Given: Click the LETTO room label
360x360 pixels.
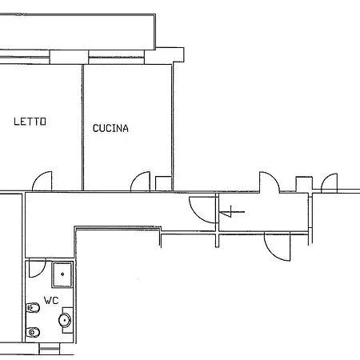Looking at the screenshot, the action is click(x=30, y=122).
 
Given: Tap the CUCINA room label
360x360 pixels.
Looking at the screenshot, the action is click(x=110, y=128).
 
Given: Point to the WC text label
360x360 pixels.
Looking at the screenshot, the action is click(x=51, y=301).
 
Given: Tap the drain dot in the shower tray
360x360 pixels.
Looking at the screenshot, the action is click(x=62, y=274).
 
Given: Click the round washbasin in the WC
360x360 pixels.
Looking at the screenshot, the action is click(x=65, y=320).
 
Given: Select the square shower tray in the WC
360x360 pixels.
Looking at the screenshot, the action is click(x=62, y=274).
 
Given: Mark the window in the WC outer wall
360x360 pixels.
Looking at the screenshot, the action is click(x=50, y=349).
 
